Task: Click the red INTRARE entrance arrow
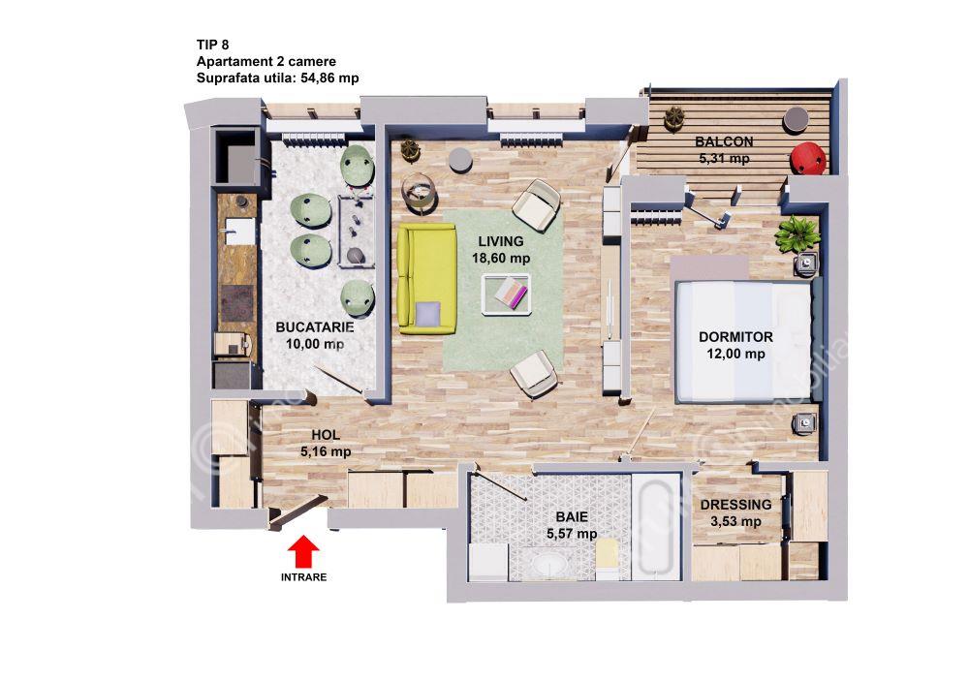point(303,551)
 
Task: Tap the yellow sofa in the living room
point(426,279)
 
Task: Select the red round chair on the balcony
point(808,159)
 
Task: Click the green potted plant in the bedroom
point(797,233)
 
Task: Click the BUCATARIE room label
point(315,326)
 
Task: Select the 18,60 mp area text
point(501,259)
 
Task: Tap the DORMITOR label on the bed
point(735,337)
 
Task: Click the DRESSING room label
point(735,504)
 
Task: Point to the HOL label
point(326,434)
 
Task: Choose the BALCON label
point(724,141)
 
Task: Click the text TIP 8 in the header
point(212,45)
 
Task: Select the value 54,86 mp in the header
point(329,77)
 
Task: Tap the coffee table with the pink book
point(507,294)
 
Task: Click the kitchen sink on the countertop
point(239,232)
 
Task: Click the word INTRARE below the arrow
point(303,577)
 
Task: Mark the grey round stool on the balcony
point(797,119)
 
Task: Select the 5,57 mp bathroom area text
point(572,533)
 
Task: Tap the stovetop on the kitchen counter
point(237,302)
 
